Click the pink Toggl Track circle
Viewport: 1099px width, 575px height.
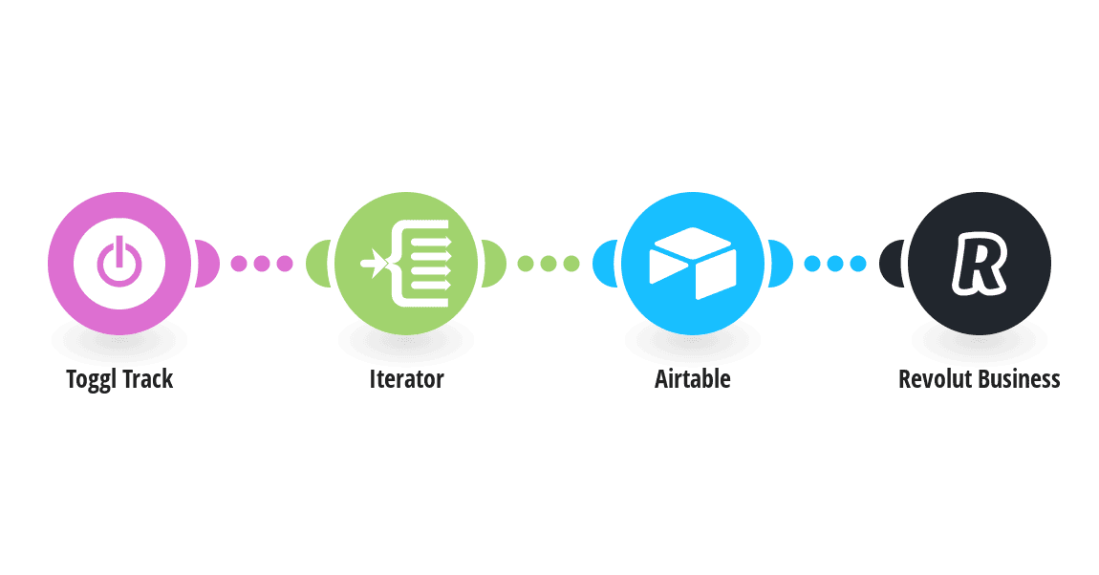[x=119, y=264]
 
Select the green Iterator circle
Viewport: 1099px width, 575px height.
[x=406, y=264]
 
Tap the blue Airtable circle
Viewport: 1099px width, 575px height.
[x=693, y=264]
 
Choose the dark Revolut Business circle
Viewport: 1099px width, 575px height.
[x=980, y=264]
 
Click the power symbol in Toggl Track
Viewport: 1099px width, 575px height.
[x=119, y=262]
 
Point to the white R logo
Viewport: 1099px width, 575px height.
[x=980, y=264]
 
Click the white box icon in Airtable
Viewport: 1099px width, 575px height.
[x=693, y=264]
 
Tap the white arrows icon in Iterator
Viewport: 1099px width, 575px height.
[x=406, y=264]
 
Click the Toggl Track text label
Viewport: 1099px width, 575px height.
[x=119, y=379]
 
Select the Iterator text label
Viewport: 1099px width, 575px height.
[x=406, y=379]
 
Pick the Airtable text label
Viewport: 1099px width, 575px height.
[x=693, y=379]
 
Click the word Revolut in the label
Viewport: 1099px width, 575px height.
[x=936, y=379]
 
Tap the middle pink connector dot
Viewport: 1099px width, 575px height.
[x=262, y=264]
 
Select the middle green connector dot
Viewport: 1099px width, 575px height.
[x=549, y=264]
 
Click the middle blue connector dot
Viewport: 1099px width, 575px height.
[x=835, y=264]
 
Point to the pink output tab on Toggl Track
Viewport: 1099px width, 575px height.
[x=207, y=264]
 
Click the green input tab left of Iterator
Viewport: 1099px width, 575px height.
[x=318, y=264]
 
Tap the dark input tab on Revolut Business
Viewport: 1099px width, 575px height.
[x=892, y=264]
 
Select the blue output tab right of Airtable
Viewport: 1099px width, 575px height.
[x=781, y=264]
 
